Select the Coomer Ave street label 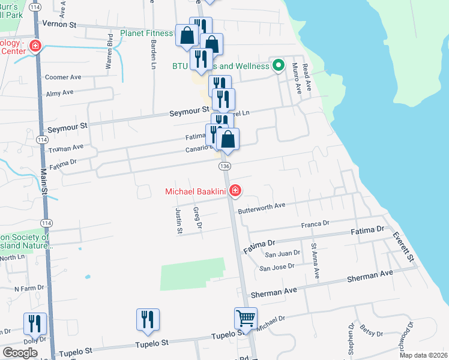tap(63, 77)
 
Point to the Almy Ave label tap(59, 92)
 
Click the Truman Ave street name tap(66, 147)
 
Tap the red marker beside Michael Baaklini tap(235, 191)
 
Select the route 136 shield tap(225, 166)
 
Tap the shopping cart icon tap(246, 318)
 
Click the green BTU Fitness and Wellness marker tap(278, 65)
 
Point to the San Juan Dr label tap(282, 254)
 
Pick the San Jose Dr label tap(276, 267)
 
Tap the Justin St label tap(178, 220)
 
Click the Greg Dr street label tap(197, 218)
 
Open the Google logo tap(20, 353)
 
